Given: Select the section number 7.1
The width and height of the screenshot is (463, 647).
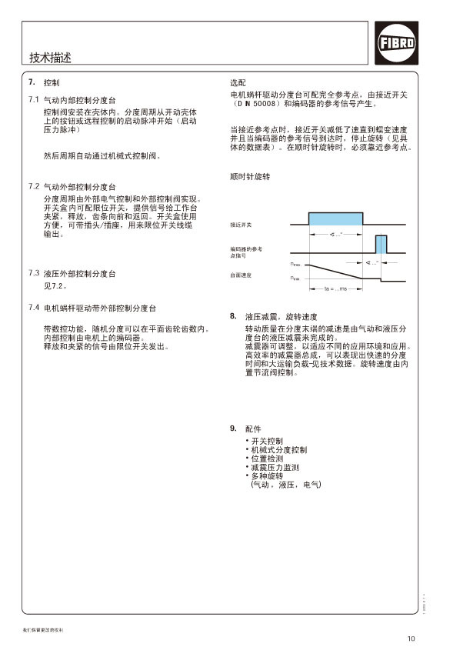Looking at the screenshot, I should click(33, 100).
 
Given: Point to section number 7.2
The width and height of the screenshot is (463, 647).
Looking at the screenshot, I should click(33, 186).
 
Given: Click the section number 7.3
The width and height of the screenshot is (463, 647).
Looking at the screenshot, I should click(33, 273).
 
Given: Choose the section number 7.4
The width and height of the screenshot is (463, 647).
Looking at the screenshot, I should click(33, 308).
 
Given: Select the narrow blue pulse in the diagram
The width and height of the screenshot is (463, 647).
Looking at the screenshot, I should click(381, 244).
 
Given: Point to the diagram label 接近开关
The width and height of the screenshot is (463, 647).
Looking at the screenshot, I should click(241, 225).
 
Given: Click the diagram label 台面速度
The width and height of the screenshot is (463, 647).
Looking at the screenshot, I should click(241, 275).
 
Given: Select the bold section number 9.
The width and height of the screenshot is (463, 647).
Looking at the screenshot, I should click(233, 428).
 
